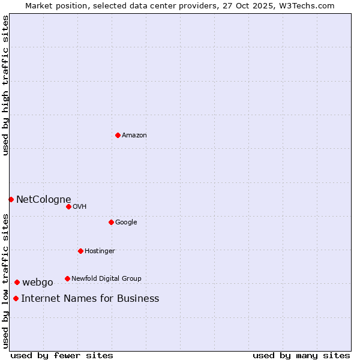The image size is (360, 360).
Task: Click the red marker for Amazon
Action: tap(118, 135)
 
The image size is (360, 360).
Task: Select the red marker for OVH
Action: tap(68, 206)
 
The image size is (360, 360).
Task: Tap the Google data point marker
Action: tap(111, 222)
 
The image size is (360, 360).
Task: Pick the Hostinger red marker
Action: tap(80, 251)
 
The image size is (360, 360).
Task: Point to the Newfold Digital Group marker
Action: tap(67, 278)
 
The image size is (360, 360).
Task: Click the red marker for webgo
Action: tap(17, 282)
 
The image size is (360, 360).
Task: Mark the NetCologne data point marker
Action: tap(11, 199)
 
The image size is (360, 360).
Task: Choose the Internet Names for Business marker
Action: tap(16, 298)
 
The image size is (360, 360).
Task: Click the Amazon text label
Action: tap(134, 136)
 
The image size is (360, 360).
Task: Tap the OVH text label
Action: tap(80, 207)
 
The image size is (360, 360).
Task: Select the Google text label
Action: tap(126, 223)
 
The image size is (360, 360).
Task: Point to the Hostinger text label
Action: tap(100, 251)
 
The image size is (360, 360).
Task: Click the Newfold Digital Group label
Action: tap(106, 279)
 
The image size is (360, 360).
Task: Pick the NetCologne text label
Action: tap(44, 200)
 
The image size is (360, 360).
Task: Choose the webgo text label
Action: tap(38, 283)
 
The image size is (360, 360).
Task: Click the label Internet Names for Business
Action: tap(90, 299)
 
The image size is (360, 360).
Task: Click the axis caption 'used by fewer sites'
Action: tap(62, 356)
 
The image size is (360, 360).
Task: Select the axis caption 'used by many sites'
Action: tap(301, 356)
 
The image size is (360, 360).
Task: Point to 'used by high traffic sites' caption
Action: tap(5, 85)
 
